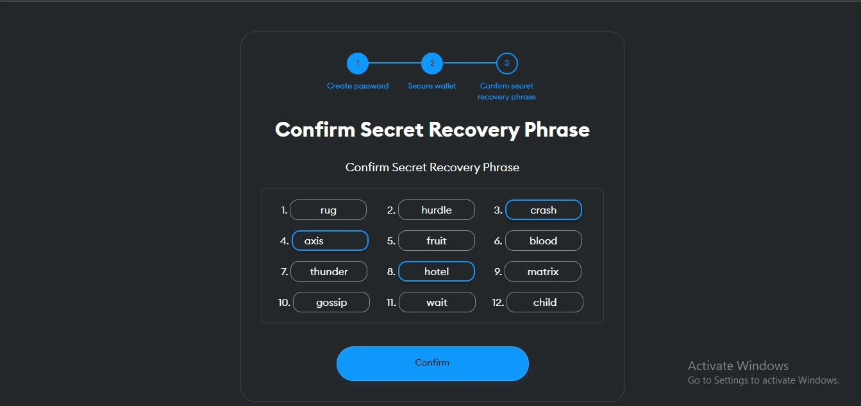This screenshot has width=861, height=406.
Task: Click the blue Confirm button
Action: pos(432,363)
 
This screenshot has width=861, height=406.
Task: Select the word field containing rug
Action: pos(328,210)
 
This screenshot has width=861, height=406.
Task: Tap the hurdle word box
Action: pos(437,210)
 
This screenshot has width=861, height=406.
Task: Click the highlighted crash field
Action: pos(544,210)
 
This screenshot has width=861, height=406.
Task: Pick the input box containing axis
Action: pos(330,241)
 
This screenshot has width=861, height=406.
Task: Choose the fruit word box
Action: pos(437,241)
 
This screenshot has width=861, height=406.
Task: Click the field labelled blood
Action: pos(544,241)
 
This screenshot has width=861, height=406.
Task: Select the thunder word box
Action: pos(329,271)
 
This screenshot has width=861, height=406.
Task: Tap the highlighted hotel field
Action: pos(437,271)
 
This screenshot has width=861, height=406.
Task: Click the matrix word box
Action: pos(543,271)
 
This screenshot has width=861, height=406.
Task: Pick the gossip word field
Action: pos(331,302)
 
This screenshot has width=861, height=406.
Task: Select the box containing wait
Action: pos(437,302)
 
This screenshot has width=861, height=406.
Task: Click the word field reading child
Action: pos(545,302)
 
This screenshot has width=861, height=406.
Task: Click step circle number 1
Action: pos(358,63)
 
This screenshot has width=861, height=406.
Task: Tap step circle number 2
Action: pos(432,63)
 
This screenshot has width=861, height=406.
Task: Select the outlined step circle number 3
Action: pos(507,63)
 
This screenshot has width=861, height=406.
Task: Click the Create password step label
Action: pos(358,86)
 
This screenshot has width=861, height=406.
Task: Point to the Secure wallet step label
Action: pos(432,86)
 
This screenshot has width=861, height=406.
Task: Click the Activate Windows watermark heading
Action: pos(738,366)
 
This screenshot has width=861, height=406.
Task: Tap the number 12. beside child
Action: pos(498,302)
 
